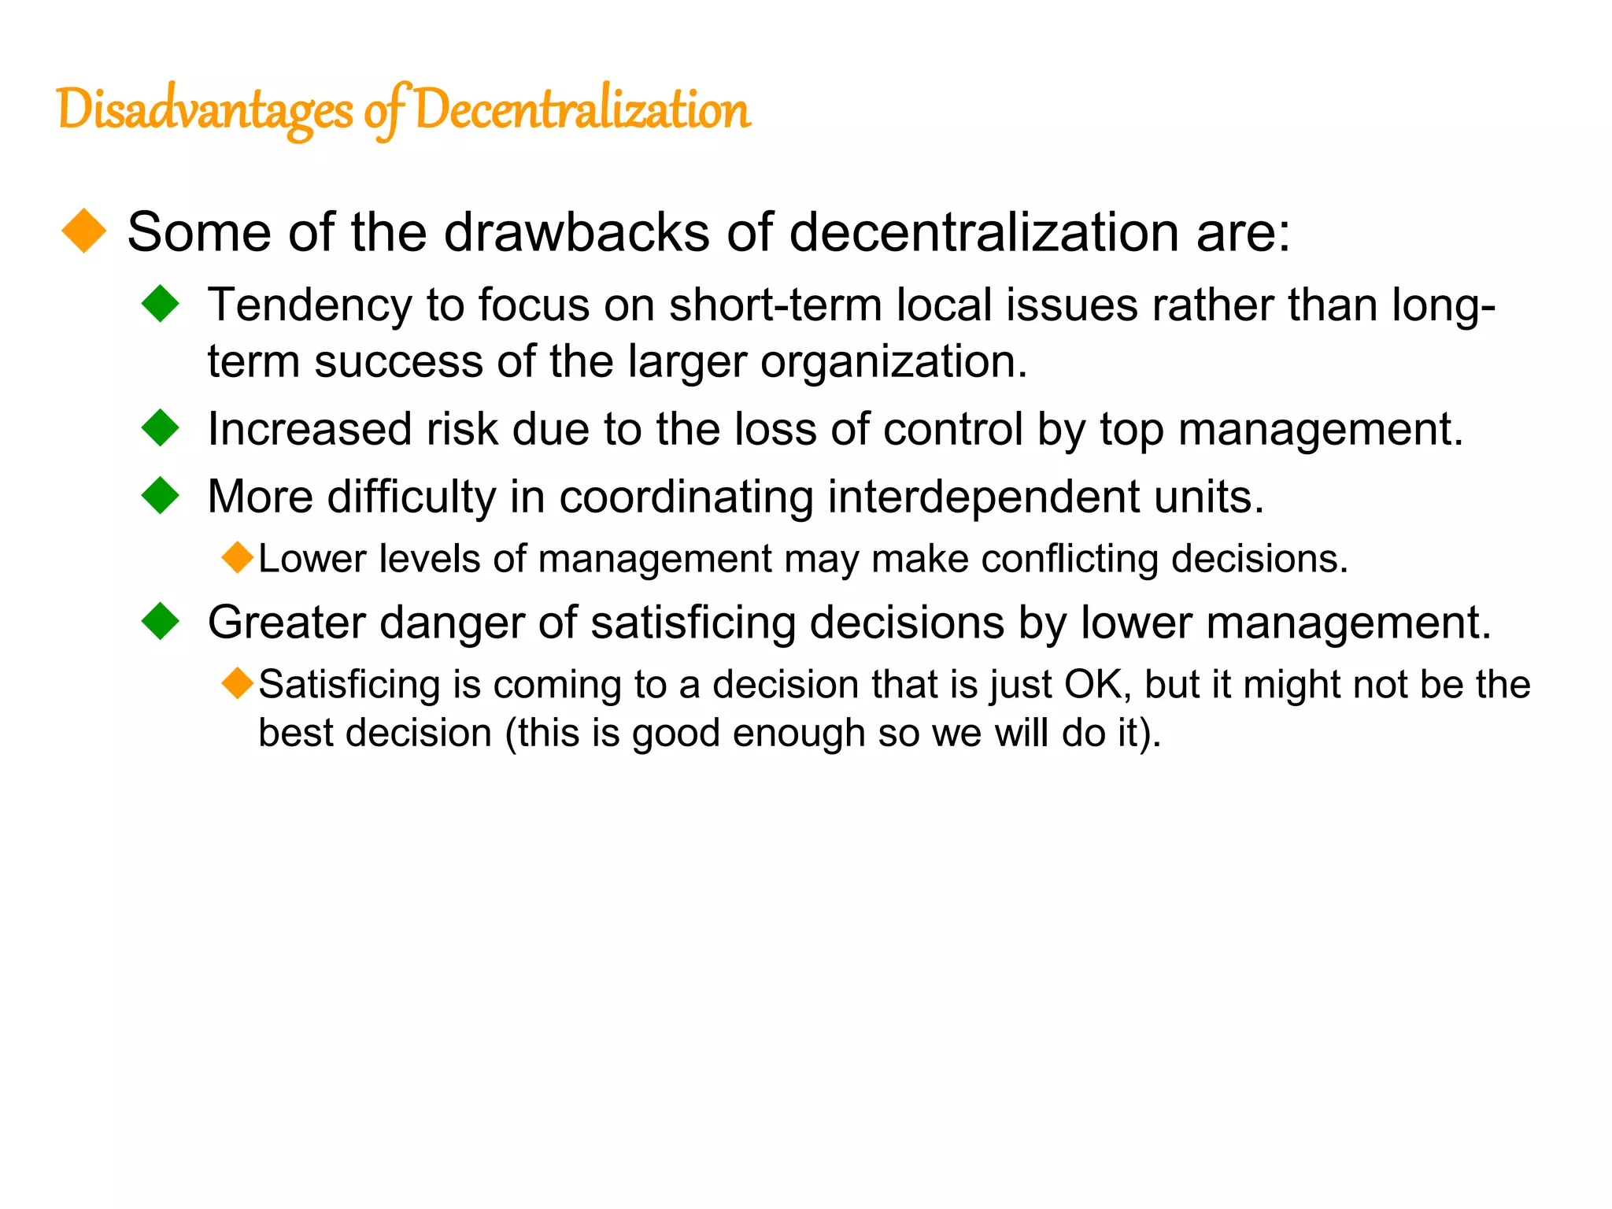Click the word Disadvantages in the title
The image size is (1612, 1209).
click(x=205, y=110)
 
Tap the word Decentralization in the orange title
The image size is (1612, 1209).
click(x=582, y=110)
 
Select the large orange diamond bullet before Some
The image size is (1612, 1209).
click(x=83, y=231)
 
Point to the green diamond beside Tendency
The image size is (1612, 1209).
click(x=161, y=304)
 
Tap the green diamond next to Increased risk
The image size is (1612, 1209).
click(x=161, y=428)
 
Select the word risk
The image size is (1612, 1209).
click(x=462, y=430)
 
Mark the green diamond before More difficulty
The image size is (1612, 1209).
click(x=161, y=496)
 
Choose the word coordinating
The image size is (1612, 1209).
click(x=686, y=498)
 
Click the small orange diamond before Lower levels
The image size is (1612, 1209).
click(x=237, y=557)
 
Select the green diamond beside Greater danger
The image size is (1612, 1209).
click(x=161, y=621)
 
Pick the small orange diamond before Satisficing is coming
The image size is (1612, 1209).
click(x=237, y=683)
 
